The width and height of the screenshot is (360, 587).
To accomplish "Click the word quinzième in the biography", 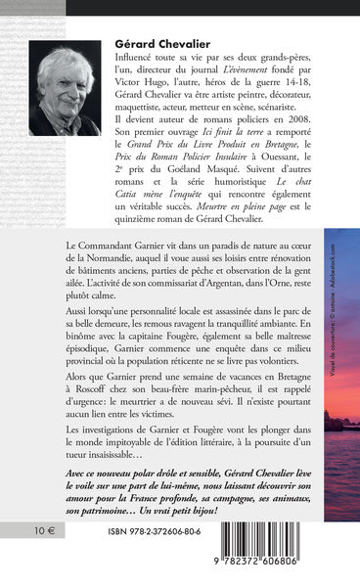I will tap(140, 245).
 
